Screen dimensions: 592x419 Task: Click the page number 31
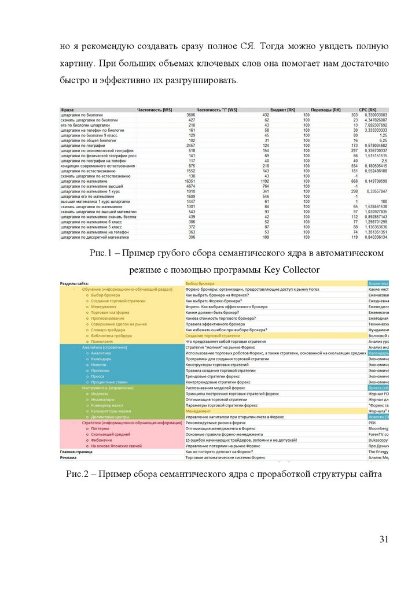pos(384,539)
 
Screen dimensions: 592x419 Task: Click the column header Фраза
pos(67,110)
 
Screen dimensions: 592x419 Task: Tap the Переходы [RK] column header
pos(325,110)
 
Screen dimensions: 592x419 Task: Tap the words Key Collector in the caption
pos(292,270)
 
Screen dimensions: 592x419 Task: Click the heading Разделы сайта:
pos(75,283)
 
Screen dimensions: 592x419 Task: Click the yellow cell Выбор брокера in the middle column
pos(200,283)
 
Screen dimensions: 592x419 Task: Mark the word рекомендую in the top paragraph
pos(111,46)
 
